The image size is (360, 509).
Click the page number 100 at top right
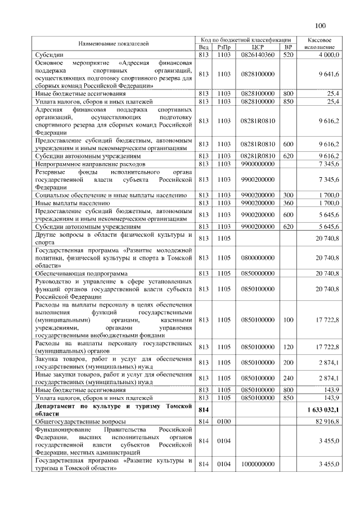[321, 25]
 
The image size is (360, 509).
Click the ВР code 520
[289, 55]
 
